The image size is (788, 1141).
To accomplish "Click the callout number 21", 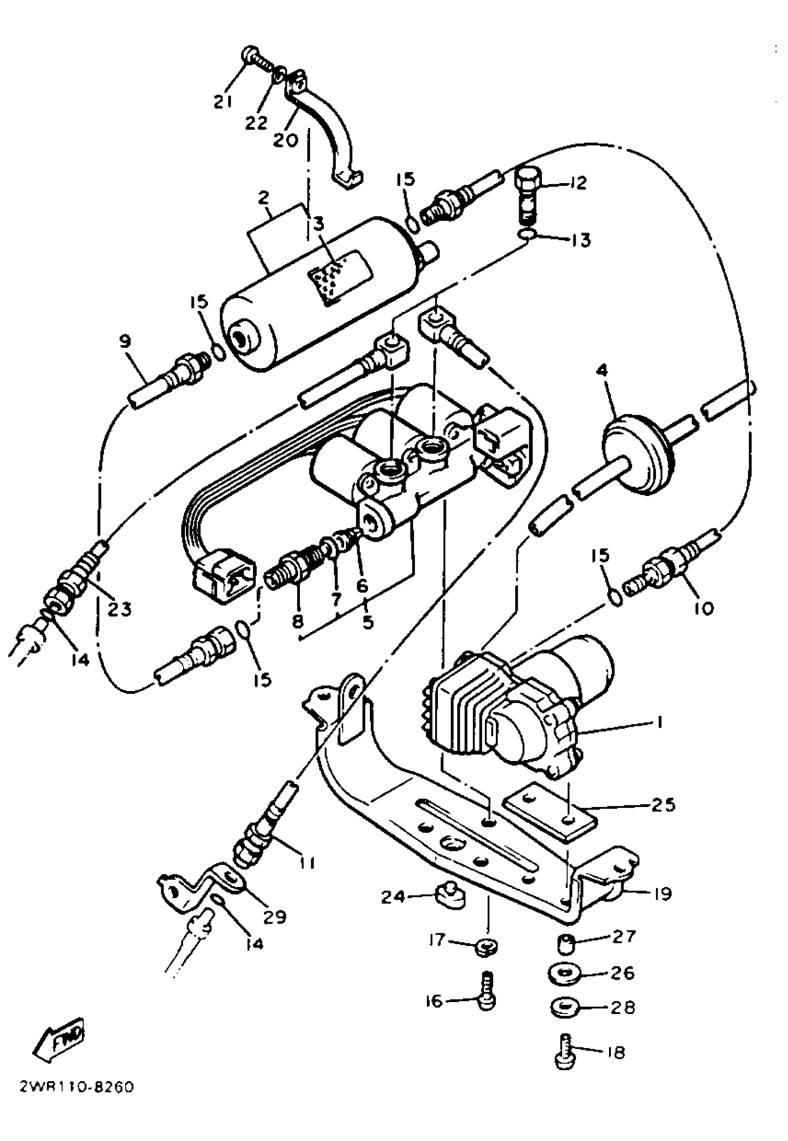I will (x=222, y=101).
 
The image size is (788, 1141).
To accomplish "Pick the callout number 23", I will (x=120, y=609).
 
